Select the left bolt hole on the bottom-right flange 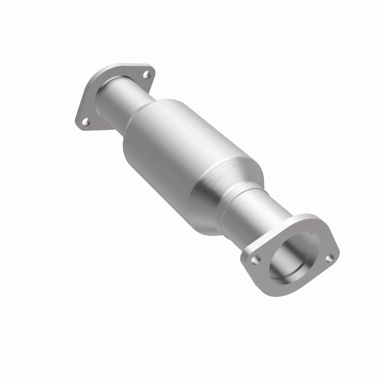coord(257,259)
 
